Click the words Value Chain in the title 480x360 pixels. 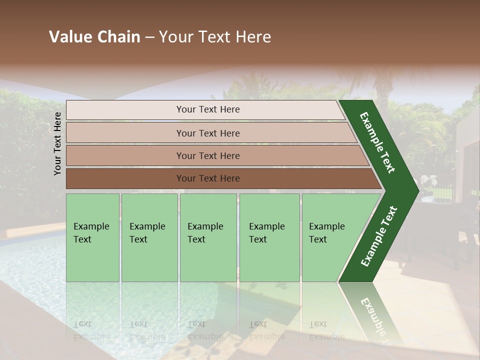tap(94, 37)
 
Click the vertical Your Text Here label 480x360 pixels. tap(57, 143)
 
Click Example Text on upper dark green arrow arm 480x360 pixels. tap(377, 142)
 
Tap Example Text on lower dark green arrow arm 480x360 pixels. tap(379, 236)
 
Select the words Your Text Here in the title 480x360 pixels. tap(215, 37)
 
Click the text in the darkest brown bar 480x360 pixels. tap(208, 178)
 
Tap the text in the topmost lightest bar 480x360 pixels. tap(208, 109)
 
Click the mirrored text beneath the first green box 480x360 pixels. tap(91, 330)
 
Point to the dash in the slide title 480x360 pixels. tap(149, 37)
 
